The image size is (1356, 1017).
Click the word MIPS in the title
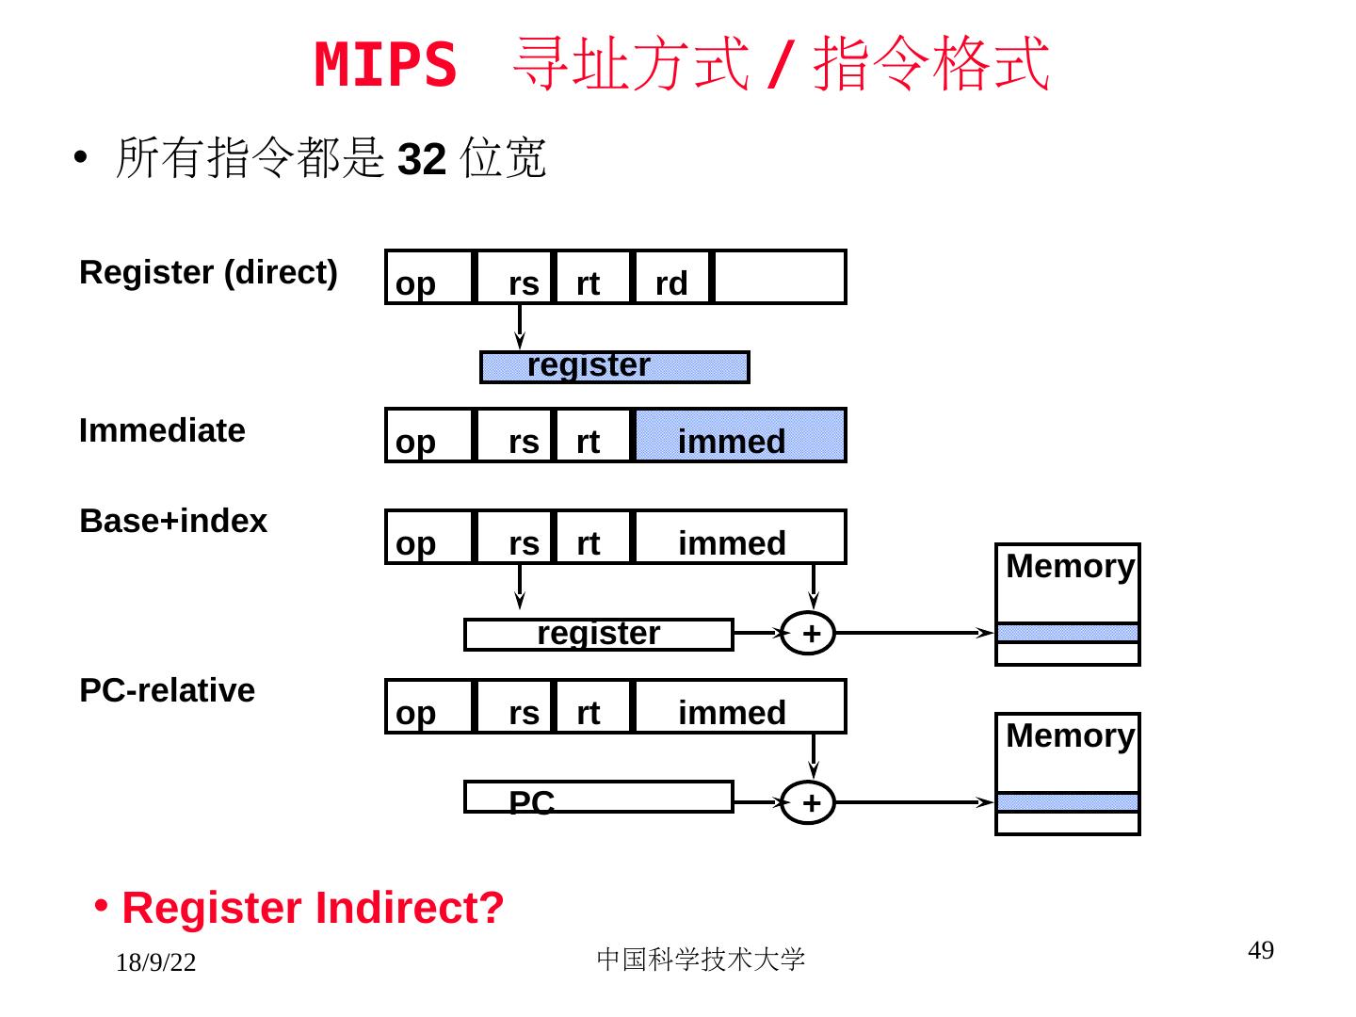tap(385, 65)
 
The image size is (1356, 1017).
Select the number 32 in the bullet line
tap(421, 159)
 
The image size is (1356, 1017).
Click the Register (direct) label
tap(208, 272)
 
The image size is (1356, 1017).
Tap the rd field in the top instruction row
tap(671, 279)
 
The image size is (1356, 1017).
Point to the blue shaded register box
tap(614, 366)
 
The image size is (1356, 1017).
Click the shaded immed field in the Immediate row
tap(740, 436)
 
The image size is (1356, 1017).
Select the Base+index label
tap(173, 521)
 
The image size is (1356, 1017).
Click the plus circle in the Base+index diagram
tap(808, 633)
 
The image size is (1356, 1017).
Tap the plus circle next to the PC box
tap(808, 802)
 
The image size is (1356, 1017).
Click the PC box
tap(598, 797)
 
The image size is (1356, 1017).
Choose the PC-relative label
tap(167, 690)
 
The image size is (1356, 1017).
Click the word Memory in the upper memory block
tap(1069, 566)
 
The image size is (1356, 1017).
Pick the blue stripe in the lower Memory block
tap(1068, 802)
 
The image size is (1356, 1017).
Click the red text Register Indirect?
tap(313, 908)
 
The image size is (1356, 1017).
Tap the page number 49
tap(1260, 951)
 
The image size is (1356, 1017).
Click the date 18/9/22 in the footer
tap(155, 962)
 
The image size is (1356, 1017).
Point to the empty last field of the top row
tap(779, 278)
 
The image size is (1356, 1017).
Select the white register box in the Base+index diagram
tap(598, 634)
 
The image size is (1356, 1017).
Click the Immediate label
tap(162, 430)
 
